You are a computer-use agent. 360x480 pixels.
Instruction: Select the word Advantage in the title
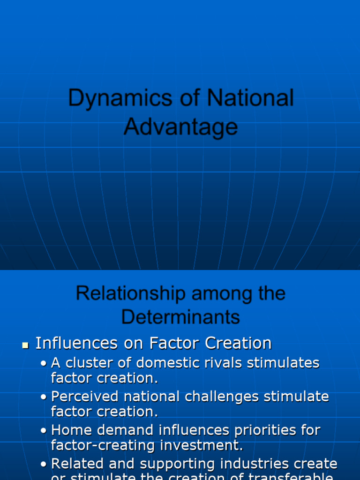(180, 127)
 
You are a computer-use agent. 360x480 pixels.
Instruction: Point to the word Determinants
(180, 317)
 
